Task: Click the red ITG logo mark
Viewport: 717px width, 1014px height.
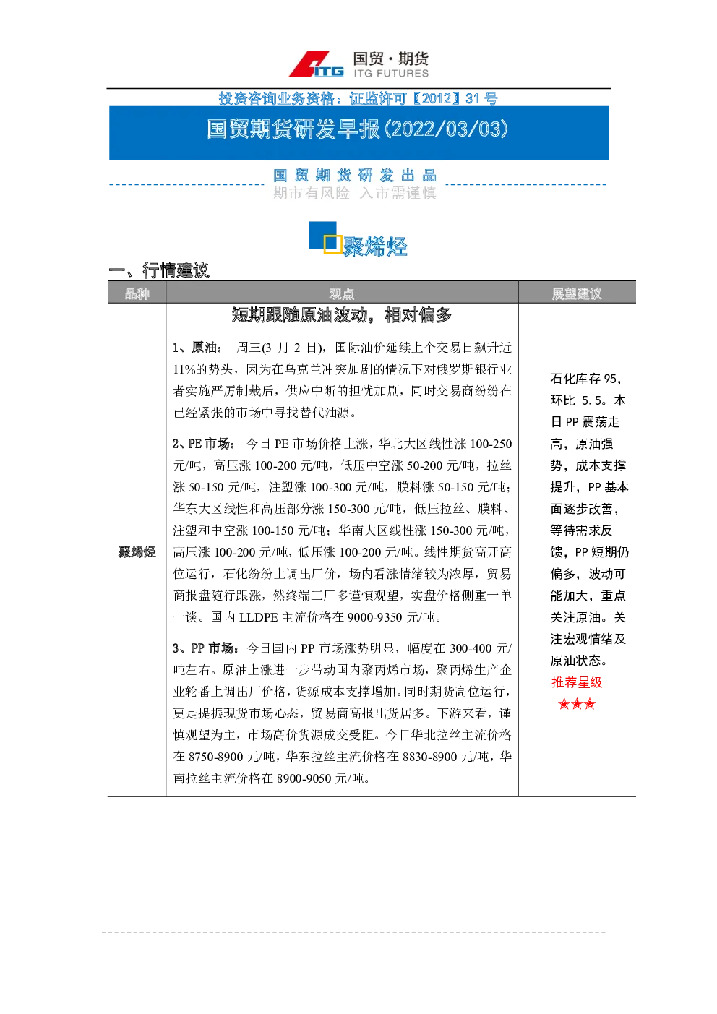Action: pyautogui.click(x=316, y=65)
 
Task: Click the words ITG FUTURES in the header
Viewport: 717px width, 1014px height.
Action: pyautogui.click(x=391, y=73)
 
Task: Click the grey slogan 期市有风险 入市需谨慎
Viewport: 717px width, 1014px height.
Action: pyautogui.click(x=355, y=193)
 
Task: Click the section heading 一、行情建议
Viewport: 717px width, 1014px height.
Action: pyautogui.click(x=159, y=270)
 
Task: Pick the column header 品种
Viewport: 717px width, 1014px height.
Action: pyautogui.click(x=137, y=293)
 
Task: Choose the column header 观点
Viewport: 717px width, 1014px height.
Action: pyautogui.click(x=342, y=293)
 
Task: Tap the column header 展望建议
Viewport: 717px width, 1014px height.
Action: pyautogui.click(x=577, y=293)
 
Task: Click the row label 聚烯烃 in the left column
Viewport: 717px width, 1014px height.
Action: pyautogui.click(x=137, y=552)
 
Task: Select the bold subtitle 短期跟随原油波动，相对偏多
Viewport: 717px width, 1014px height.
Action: pyautogui.click(x=342, y=314)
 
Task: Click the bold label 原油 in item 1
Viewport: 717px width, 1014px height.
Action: pyautogui.click(x=204, y=348)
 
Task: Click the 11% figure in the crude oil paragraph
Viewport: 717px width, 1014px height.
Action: pyautogui.click(x=184, y=369)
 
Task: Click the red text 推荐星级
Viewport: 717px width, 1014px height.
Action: pyautogui.click(x=577, y=682)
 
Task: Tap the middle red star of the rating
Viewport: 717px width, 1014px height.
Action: pyautogui.click(x=577, y=704)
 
